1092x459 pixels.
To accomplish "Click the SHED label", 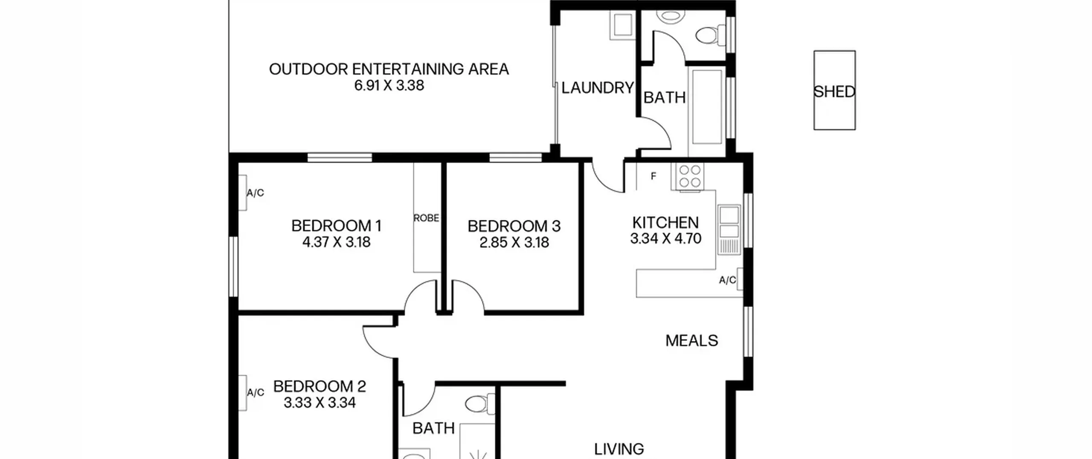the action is coord(834,92).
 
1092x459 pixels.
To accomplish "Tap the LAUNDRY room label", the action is coord(598,88).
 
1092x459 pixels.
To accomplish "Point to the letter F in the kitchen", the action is coord(653,176).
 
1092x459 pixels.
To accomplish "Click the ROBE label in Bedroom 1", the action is coord(426,218).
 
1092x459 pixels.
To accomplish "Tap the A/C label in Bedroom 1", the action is coord(255,193).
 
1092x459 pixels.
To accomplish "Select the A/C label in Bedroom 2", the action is coord(255,392).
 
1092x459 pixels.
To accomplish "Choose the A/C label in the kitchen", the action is coord(727,280).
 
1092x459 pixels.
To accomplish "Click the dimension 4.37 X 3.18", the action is coord(336,242).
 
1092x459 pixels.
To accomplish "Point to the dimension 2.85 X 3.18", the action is coord(514,243).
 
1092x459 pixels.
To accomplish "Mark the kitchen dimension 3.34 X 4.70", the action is coord(666,238).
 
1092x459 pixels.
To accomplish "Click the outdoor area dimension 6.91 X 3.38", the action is coord(389,85).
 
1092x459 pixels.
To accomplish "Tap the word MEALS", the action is coord(691,340).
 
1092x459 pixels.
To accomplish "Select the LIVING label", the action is coord(619,449).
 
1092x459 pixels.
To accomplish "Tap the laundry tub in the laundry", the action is coord(622,26).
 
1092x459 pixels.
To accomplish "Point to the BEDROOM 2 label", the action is coord(319,386).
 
